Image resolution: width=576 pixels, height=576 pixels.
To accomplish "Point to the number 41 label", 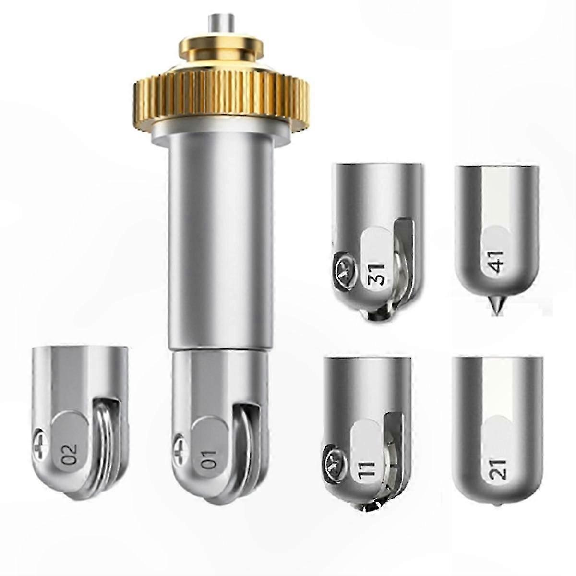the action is (x=497, y=262).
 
